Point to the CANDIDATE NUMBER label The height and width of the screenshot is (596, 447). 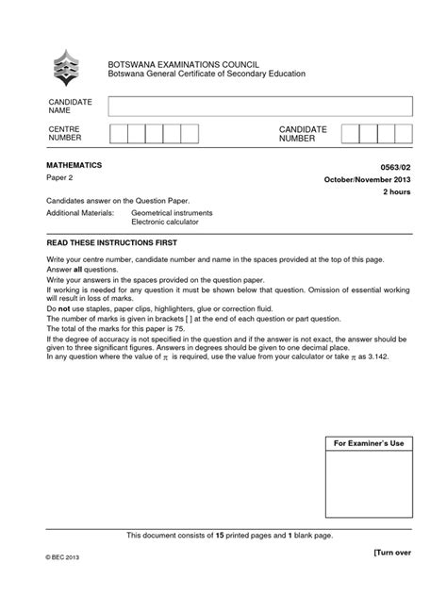[302, 133]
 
